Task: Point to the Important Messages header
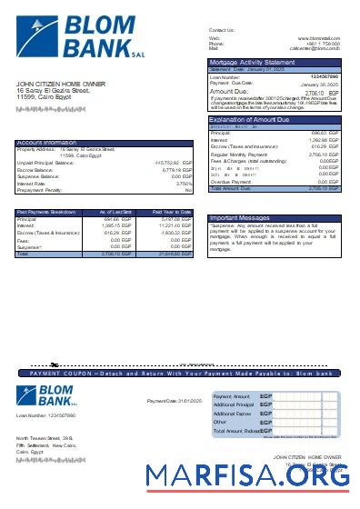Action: (x=241, y=218)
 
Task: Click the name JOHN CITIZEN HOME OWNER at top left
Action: (x=61, y=84)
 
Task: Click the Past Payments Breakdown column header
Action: (x=46, y=211)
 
